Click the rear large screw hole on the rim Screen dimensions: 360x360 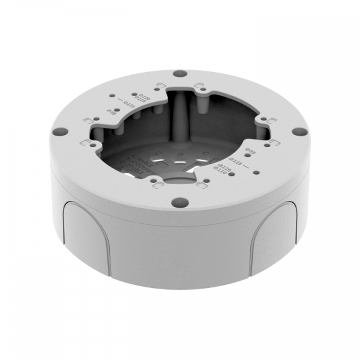178,75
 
